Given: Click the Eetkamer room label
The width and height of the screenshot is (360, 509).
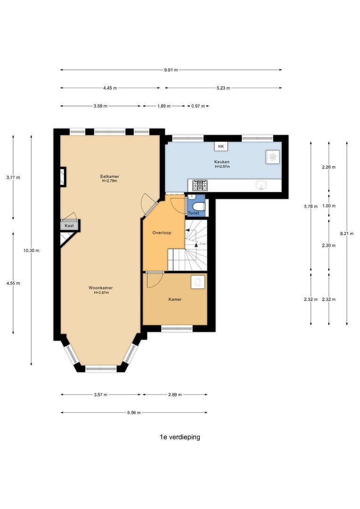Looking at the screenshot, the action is click(x=109, y=177).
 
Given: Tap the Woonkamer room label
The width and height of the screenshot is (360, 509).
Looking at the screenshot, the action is click(x=101, y=288).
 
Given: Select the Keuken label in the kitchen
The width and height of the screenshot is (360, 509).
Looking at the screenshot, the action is click(x=222, y=162).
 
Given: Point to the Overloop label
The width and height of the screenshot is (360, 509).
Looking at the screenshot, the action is click(x=162, y=233).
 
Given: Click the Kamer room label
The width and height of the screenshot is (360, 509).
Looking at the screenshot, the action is click(x=175, y=299).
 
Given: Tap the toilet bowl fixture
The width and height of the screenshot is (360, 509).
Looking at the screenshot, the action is click(x=199, y=206).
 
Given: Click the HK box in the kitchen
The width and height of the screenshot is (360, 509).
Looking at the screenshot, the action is click(x=221, y=147).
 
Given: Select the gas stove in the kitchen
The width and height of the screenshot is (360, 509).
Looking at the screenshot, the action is click(x=201, y=185).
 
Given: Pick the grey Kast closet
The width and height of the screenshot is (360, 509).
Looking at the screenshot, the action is click(x=69, y=225).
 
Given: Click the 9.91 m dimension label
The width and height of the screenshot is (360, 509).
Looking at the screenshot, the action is click(x=171, y=70).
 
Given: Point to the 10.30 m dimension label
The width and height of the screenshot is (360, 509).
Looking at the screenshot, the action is click(x=31, y=250).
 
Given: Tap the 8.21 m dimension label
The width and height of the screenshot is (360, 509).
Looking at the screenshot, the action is click(x=347, y=233).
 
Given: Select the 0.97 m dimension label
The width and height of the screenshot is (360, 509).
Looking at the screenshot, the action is click(x=198, y=106).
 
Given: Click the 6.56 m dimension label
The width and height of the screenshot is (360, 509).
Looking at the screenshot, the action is click(x=134, y=412).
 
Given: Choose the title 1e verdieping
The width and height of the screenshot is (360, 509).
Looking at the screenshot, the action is click(x=180, y=437).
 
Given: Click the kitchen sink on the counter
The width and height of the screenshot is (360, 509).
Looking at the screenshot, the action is click(x=262, y=185).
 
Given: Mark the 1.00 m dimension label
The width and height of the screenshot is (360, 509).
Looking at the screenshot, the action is click(x=329, y=206).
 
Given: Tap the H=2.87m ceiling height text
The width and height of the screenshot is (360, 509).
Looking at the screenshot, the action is click(x=101, y=293).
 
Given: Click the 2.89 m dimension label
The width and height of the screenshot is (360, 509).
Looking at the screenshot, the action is click(x=175, y=395).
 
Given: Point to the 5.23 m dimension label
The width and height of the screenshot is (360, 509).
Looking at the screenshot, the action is click(x=223, y=88).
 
